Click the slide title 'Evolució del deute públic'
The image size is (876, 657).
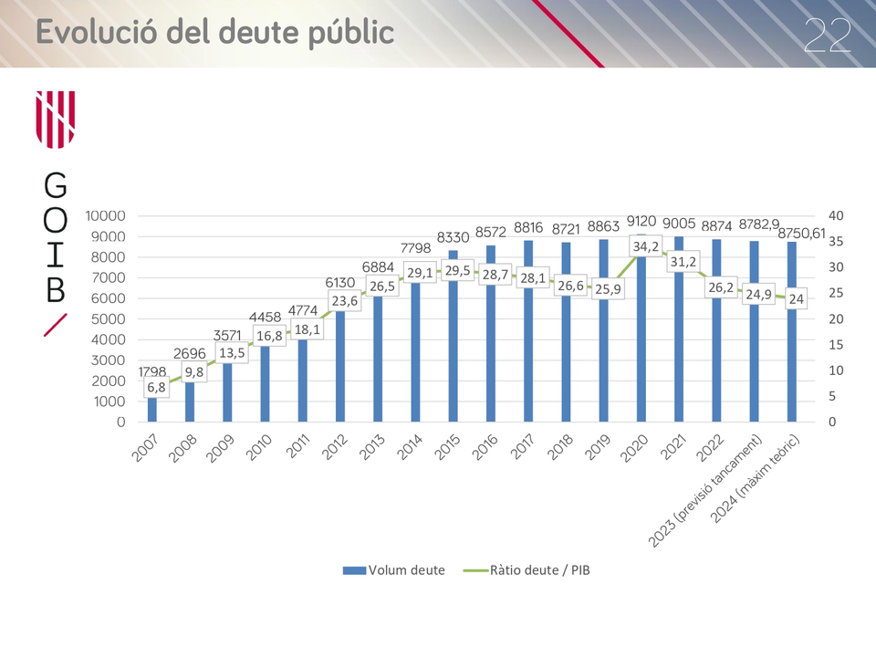pyautogui.click(x=215, y=32)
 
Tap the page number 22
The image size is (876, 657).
pyautogui.click(x=828, y=36)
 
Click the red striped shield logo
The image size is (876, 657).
pyautogui.click(x=56, y=120)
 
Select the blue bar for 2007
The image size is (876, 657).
pyautogui.click(x=152, y=403)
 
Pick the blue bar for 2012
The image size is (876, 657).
pyautogui.click(x=340, y=359)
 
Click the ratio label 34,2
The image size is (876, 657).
pyautogui.click(x=646, y=246)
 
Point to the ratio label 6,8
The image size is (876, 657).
pyautogui.click(x=156, y=387)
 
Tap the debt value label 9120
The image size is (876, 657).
pyautogui.click(x=641, y=221)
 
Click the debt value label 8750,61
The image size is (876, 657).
pyautogui.click(x=802, y=233)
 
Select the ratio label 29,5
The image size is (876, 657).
pyautogui.click(x=457, y=270)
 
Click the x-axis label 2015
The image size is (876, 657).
pyautogui.click(x=447, y=447)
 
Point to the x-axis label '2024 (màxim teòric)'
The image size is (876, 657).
pyautogui.click(x=756, y=479)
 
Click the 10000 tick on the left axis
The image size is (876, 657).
pyautogui.click(x=105, y=215)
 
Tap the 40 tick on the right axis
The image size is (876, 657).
pyautogui.click(x=836, y=215)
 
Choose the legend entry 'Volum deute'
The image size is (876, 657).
pyautogui.click(x=394, y=570)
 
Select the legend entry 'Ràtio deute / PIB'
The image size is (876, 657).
pyautogui.click(x=527, y=570)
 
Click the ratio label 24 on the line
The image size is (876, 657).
pyautogui.click(x=796, y=299)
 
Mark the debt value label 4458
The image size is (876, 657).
pyautogui.click(x=265, y=317)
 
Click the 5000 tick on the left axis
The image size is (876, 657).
pyautogui.click(x=109, y=319)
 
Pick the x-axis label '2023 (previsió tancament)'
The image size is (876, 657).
pyautogui.click(x=705, y=491)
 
